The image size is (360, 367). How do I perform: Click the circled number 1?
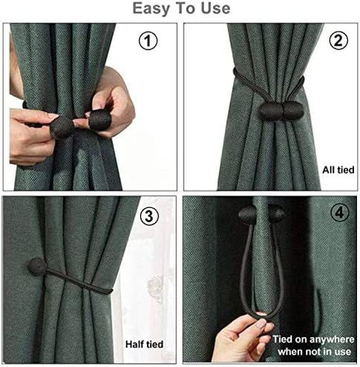click(x=148, y=41)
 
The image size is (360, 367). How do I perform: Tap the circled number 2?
click(x=338, y=41)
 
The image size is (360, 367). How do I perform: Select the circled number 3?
click(x=149, y=215)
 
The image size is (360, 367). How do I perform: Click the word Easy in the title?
click(x=152, y=8)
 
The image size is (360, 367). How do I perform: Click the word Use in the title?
click(x=216, y=8)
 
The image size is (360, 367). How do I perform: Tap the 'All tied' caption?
click(x=338, y=170)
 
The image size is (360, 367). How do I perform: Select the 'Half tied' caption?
click(x=144, y=344)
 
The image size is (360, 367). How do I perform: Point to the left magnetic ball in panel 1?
click(x=62, y=128)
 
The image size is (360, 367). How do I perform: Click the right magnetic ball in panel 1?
click(x=100, y=120)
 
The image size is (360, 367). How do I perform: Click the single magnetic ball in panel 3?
click(x=37, y=266)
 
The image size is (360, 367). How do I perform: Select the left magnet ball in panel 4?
click(x=247, y=214)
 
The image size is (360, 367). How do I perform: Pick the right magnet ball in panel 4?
click(x=276, y=213)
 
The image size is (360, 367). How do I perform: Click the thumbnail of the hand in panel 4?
click(x=261, y=324)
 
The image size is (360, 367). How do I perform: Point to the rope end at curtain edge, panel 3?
click(x=110, y=290)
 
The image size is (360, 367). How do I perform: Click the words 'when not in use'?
click(x=314, y=352)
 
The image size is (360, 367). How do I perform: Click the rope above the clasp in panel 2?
click(x=269, y=82)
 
